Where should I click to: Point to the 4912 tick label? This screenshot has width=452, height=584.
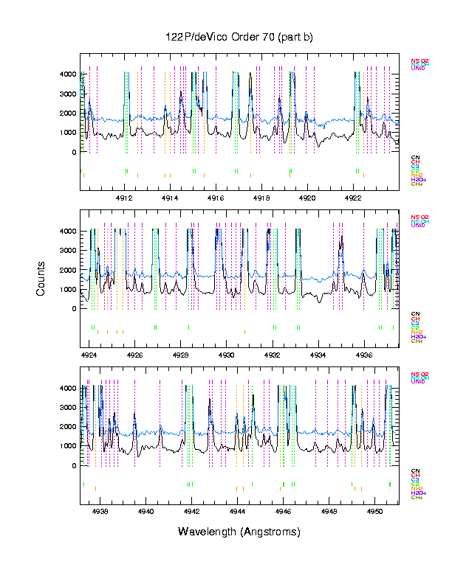[x=124, y=198]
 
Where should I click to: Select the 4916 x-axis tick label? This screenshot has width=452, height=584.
[x=216, y=198]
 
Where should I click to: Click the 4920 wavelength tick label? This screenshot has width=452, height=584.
[x=307, y=198]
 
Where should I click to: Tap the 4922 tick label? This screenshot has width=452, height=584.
[x=353, y=198]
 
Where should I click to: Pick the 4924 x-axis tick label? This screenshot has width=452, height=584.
[x=89, y=355]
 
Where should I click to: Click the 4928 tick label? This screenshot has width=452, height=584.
[x=181, y=355]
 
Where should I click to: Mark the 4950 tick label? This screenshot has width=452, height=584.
[x=375, y=511]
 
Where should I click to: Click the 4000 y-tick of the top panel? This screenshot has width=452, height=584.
[x=68, y=74]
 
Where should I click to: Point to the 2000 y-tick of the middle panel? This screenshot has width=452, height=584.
[x=68, y=270]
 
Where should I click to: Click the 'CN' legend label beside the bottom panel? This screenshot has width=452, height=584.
[x=415, y=470]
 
